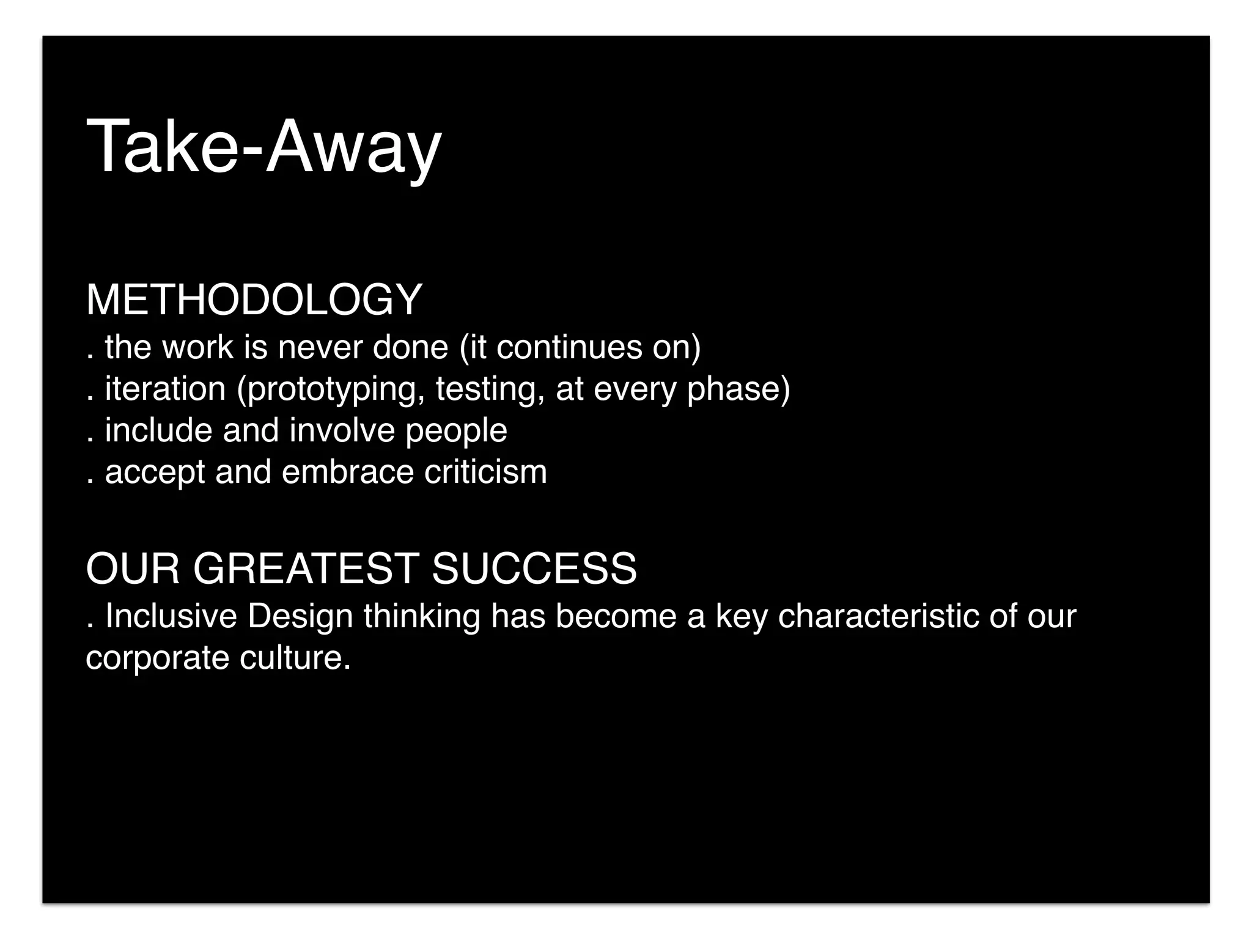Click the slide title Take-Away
tap(263, 148)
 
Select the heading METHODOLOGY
tap(254, 300)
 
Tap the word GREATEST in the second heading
tap(306, 569)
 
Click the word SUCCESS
tap(534, 569)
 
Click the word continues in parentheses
tap(569, 347)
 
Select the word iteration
tap(165, 389)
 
